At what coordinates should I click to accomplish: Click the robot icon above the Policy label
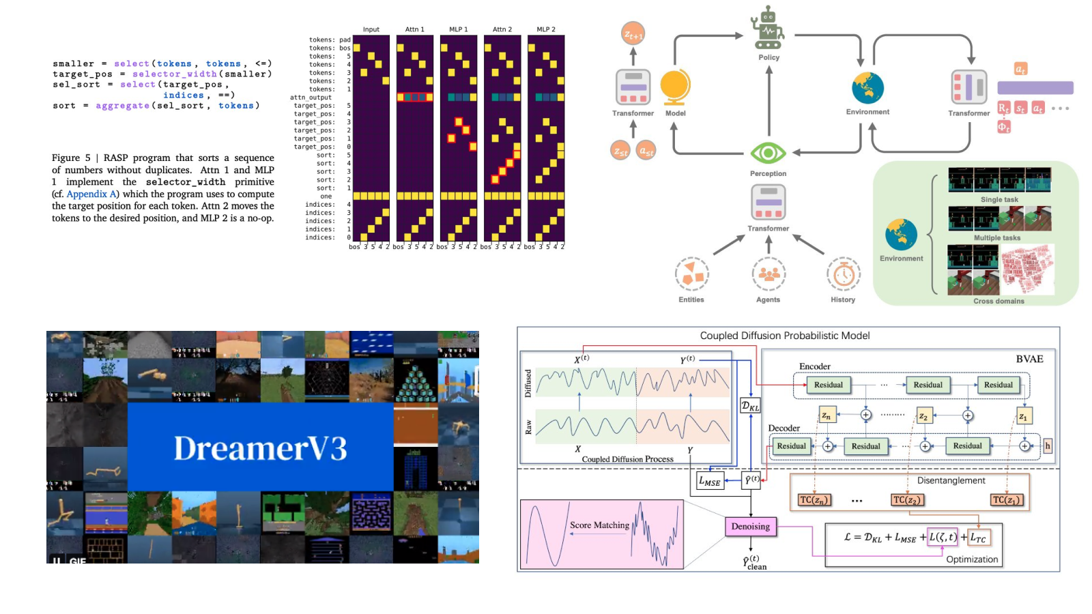pyautogui.click(x=768, y=28)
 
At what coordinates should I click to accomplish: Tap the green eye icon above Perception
pyautogui.click(x=768, y=153)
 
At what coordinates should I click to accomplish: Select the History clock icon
pyautogui.click(x=844, y=275)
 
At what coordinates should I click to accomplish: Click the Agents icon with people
pyautogui.click(x=768, y=274)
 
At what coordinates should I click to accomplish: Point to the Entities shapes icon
pyautogui.click(x=691, y=274)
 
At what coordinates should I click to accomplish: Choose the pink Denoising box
pyautogui.click(x=750, y=526)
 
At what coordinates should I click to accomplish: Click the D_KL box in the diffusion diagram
pyautogui.click(x=750, y=406)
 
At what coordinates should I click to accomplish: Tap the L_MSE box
pyautogui.click(x=710, y=481)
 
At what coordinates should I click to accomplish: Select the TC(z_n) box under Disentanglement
pyautogui.click(x=814, y=500)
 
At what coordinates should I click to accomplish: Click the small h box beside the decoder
pyautogui.click(x=1048, y=446)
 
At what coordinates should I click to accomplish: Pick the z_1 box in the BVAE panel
pyautogui.click(x=1023, y=416)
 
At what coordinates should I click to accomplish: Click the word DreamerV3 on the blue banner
pyautogui.click(x=260, y=448)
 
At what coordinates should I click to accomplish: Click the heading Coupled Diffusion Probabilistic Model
pyautogui.click(x=784, y=336)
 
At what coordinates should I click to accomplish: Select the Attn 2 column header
pyautogui.click(x=502, y=29)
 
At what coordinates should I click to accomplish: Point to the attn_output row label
pyautogui.click(x=311, y=98)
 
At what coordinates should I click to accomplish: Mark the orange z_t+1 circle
pyautogui.click(x=633, y=33)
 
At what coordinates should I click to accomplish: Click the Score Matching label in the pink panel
pyautogui.click(x=599, y=525)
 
